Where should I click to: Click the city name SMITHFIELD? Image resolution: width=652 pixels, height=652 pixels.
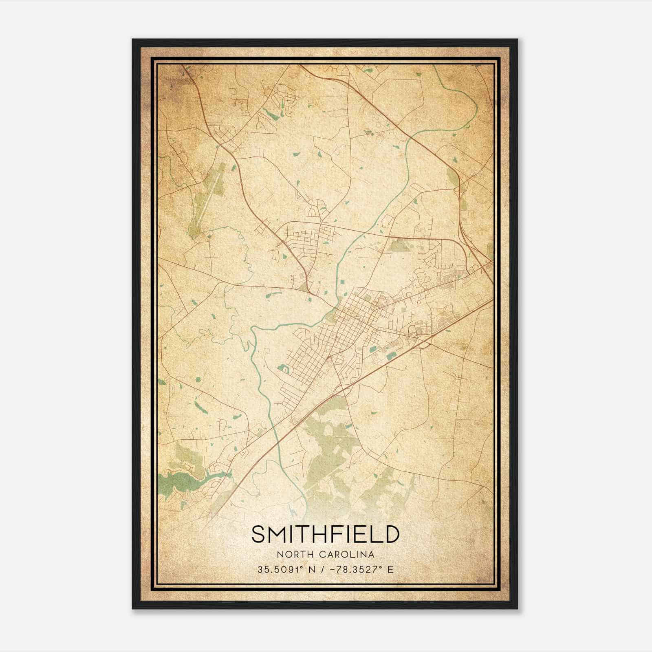coord(325,534)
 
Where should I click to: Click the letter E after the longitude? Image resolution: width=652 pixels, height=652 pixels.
coord(390,569)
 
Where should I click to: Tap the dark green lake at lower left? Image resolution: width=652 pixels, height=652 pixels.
coord(179,483)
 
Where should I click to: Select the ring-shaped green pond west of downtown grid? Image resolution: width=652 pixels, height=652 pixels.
coord(283,369)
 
